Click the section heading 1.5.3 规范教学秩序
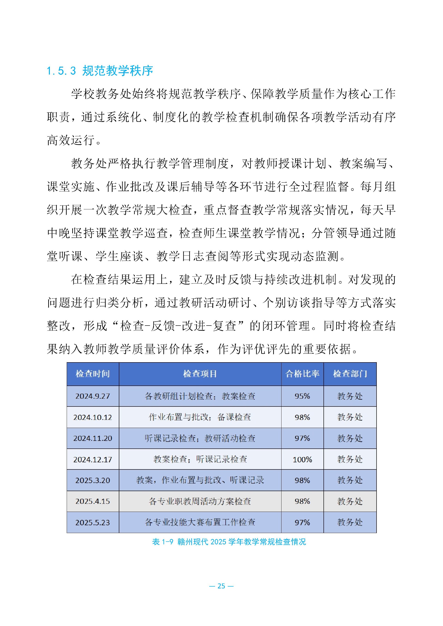tap(100, 71)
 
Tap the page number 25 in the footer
tap(221, 586)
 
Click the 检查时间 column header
tap(93, 374)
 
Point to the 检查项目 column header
tap(200, 374)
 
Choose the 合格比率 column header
tap(302, 374)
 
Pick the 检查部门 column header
tap(350, 374)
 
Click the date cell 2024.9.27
tap(93, 396)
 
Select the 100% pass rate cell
tap(302, 459)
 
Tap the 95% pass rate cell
tap(302, 396)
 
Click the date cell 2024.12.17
tap(93, 459)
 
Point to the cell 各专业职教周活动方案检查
tap(200, 501)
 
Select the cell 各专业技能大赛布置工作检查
tap(200, 522)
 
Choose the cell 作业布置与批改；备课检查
tap(200, 417)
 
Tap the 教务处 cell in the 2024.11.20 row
tap(350, 438)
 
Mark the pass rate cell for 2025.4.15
tap(302, 501)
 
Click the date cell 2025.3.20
tap(93, 480)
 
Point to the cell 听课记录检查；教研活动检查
tap(200, 438)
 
